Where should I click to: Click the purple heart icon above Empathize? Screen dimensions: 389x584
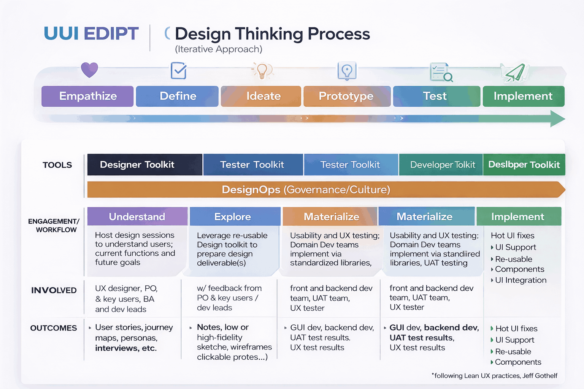pyautogui.click(x=89, y=70)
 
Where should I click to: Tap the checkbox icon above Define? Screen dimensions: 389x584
pyautogui.click(x=178, y=71)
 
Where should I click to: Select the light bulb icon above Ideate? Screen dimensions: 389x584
pyautogui.click(x=262, y=71)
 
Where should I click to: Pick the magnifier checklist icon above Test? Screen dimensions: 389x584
pyautogui.click(x=441, y=72)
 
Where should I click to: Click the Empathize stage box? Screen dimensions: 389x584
pyautogui.click(x=87, y=96)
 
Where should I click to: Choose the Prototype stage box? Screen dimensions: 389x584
pyautogui.click(x=346, y=96)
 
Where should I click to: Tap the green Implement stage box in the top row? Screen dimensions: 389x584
pyautogui.click(x=523, y=96)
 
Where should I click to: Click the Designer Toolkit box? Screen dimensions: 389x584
pyautogui.click(x=144, y=164)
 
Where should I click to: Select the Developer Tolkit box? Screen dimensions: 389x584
pyautogui.click(x=441, y=164)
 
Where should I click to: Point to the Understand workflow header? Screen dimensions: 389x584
pyautogui.click(x=137, y=217)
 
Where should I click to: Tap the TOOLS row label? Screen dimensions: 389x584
pyautogui.click(x=57, y=165)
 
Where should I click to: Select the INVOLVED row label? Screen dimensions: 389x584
pyautogui.click(x=54, y=290)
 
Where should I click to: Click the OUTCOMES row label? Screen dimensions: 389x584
pyautogui.click(x=54, y=328)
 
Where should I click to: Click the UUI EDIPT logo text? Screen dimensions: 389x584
pyautogui.click(x=91, y=33)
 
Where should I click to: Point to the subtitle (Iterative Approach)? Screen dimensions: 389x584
pyautogui.click(x=219, y=49)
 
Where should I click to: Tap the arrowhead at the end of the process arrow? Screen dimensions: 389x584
pyautogui.click(x=557, y=119)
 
